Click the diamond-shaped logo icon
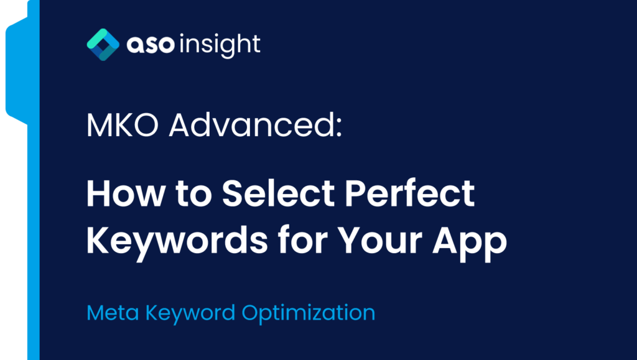[103, 45]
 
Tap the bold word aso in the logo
[151, 45]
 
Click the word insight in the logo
[220, 45]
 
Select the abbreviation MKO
[123, 126]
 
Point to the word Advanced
[251, 124]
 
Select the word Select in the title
[278, 193]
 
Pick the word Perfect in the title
[409, 193]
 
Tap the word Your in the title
[380, 241]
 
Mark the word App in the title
[470, 242]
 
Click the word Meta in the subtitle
[113, 313]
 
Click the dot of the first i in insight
[182, 35]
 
